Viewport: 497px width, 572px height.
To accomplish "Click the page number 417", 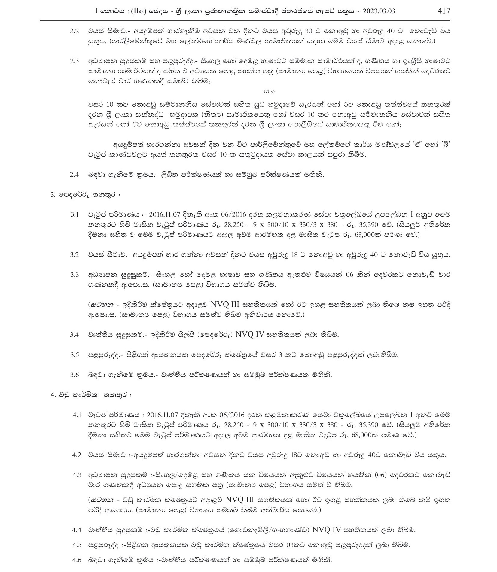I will tap(444, 11).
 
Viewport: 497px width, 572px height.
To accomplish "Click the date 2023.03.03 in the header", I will tap(379, 11).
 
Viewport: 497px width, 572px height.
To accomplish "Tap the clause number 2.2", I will tap(74, 31).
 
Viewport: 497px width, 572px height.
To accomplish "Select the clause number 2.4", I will tap(74, 175).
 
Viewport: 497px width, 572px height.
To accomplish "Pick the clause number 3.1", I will tap(74, 215).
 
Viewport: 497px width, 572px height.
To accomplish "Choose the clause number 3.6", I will tap(74, 375).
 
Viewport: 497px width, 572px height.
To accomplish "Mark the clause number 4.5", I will tap(77, 545).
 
